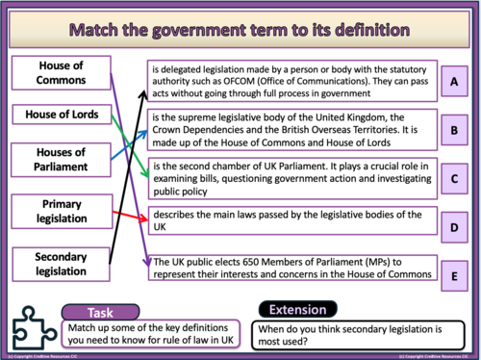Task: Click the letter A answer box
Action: point(453,83)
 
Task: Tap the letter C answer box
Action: point(453,177)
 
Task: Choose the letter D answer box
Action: point(453,226)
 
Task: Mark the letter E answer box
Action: point(453,275)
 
